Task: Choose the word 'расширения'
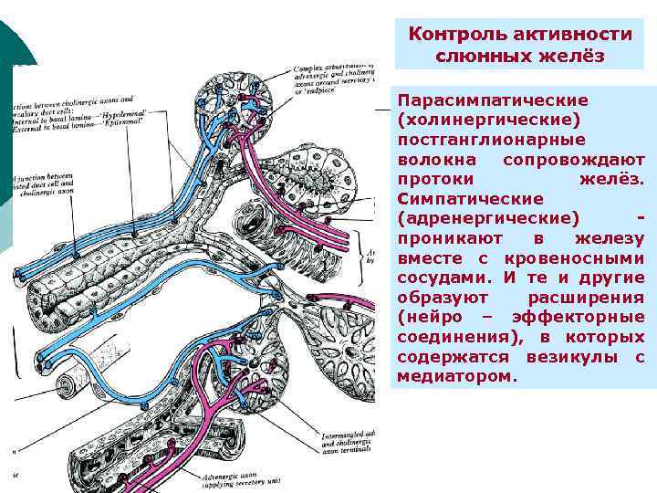[x=593, y=298]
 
